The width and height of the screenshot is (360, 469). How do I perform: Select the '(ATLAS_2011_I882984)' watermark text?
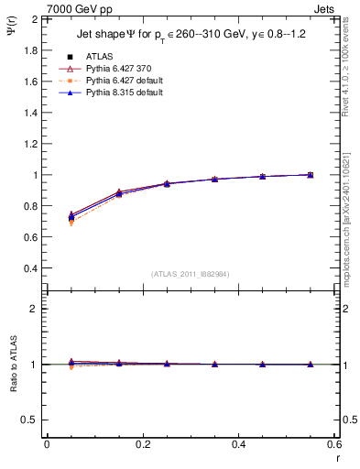[x=191, y=274]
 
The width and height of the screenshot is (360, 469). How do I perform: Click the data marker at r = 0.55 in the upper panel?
[x=311, y=174]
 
